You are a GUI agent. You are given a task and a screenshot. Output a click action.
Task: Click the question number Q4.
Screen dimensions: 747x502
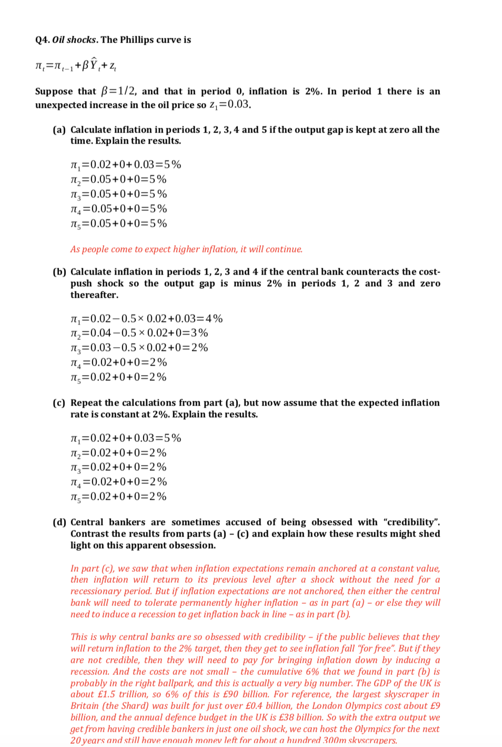(42, 40)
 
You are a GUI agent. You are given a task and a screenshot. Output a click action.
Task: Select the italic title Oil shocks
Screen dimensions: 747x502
(74, 40)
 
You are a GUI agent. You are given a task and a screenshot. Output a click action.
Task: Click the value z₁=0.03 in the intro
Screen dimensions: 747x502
(229, 105)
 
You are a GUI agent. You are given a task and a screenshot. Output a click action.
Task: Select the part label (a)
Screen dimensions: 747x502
(59, 130)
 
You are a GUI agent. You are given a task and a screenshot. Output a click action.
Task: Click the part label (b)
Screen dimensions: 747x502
(59, 272)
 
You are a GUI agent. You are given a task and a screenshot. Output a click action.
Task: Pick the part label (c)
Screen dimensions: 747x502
(59, 403)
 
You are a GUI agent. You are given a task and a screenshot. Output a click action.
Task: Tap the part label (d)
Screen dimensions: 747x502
(59, 522)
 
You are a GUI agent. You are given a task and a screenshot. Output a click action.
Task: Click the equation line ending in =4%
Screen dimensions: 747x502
(146, 319)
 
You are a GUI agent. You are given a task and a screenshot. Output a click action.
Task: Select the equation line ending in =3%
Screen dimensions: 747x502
(139, 333)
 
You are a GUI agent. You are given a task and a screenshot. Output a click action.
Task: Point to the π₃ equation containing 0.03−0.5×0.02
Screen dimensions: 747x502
(139, 348)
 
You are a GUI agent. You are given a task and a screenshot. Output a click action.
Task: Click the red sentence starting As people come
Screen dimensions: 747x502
(186, 249)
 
